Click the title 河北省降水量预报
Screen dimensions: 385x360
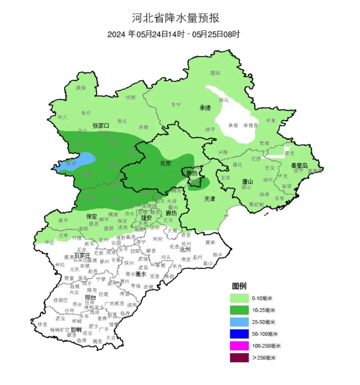pyautogui.click(x=176, y=18)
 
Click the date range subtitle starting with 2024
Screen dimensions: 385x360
pyautogui.click(x=173, y=34)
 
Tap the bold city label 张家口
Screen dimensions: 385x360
pyautogui.click(x=101, y=126)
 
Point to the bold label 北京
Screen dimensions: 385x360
pyautogui.click(x=166, y=163)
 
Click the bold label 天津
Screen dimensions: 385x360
pyautogui.click(x=209, y=199)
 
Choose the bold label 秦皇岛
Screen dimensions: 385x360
pyautogui.click(x=299, y=166)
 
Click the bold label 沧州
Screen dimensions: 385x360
pyautogui.click(x=185, y=249)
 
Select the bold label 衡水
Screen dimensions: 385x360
pyautogui.click(x=141, y=274)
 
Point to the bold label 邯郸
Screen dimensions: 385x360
pyautogui.click(x=76, y=330)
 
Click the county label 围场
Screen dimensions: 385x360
pyautogui.click(x=215, y=73)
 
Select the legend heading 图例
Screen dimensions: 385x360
pyautogui.click(x=239, y=286)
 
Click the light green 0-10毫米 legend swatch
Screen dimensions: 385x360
pyautogui.click(x=239, y=298)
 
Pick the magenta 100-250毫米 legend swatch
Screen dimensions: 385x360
pyautogui.click(x=239, y=346)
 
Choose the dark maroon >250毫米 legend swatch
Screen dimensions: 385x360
pyautogui.click(x=239, y=358)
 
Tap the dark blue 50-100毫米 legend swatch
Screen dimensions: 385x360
pyautogui.click(x=239, y=334)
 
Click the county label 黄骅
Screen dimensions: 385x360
pyautogui.click(x=210, y=242)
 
